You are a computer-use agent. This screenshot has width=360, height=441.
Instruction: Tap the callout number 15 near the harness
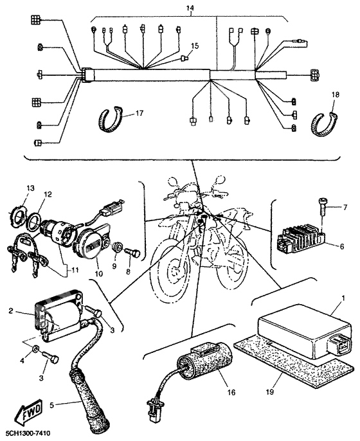195,47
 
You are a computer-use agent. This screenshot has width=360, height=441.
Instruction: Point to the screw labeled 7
321,206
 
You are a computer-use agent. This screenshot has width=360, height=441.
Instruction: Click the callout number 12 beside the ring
47,194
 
